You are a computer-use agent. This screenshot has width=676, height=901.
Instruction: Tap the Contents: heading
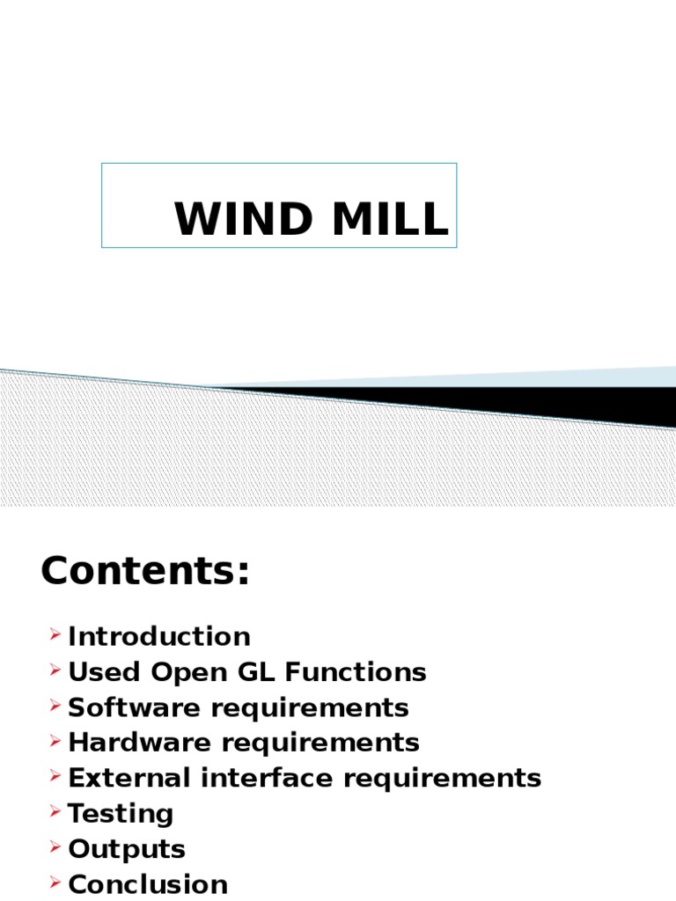(x=145, y=573)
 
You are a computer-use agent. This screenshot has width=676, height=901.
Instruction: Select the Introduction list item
(x=159, y=636)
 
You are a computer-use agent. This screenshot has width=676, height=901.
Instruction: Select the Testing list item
(x=121, y=814)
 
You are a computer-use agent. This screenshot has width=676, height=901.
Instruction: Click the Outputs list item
(x=127, y=849)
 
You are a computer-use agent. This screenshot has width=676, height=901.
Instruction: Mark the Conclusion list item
(x=148, y=884)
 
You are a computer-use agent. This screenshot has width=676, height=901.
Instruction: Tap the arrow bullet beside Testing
(x=55, y=811)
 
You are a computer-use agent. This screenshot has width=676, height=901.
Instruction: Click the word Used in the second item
(x=105, y=672)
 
